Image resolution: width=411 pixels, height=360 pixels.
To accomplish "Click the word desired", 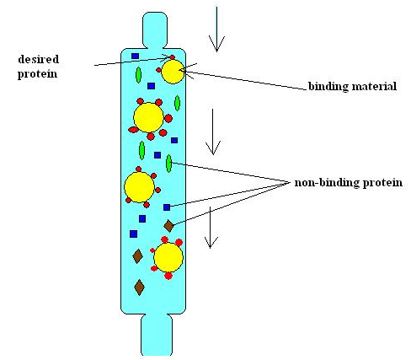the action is (x=39, y=59).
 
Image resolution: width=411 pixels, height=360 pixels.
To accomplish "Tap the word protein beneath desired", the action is (x=37, y=74).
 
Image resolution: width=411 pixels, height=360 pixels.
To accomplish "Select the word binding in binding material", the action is (x=328, y=86).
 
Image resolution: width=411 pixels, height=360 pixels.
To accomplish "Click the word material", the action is (x=374, y=86).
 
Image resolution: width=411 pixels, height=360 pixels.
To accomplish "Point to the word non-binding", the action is (x=327, y=183).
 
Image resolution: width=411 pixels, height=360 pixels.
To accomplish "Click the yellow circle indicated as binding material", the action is (x=173, y=72).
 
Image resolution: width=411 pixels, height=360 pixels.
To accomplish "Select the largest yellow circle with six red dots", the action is (x=148, y=117).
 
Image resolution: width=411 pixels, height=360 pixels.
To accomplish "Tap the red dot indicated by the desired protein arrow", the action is (x=172, y=57).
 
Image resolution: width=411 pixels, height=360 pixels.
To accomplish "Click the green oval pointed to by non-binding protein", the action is (x=168, y=164).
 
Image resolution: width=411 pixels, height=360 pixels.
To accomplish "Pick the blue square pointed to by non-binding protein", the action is (x=167, y=207).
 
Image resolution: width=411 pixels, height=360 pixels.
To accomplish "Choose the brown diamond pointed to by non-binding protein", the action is (x=168, y=226).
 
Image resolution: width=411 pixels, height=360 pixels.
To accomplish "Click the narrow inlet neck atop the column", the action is (x=155, y=30).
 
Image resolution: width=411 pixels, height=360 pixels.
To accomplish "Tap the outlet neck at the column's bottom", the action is (x=157, y=335).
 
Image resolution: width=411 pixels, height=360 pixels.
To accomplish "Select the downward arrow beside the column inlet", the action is (x=216, y=30).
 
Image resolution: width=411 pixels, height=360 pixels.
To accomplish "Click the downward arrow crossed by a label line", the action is (x=211, y=228).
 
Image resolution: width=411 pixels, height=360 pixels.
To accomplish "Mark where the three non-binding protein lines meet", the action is (x=290, y=182).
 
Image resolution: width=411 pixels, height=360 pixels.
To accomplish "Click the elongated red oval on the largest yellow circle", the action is (x=133, y=130).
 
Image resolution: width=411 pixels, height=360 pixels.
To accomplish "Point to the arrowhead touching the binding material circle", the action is (x=188, y=70).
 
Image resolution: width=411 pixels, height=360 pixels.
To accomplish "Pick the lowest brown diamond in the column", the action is (x=139, y=287).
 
